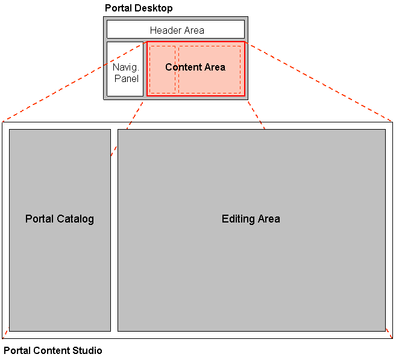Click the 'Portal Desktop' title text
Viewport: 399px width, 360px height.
[139, 8]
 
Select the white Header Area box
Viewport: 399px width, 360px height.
[176, 30]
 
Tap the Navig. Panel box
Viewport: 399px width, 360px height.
[125, 69]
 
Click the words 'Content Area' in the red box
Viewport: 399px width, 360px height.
[195, 67]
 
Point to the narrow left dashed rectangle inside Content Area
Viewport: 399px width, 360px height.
[162, 81]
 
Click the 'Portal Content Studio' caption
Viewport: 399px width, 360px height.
[53, 350]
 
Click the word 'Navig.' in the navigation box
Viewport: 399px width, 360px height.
[125, 68]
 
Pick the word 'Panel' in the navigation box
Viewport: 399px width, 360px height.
[127, 78]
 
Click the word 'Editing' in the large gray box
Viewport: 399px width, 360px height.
[237, 219]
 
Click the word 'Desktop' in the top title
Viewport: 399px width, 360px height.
[155, 8]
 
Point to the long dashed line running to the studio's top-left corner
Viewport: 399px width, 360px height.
[72, 81]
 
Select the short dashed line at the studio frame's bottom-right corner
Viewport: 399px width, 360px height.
[389, 334]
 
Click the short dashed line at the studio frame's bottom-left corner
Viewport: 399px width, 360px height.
[5, 334]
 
